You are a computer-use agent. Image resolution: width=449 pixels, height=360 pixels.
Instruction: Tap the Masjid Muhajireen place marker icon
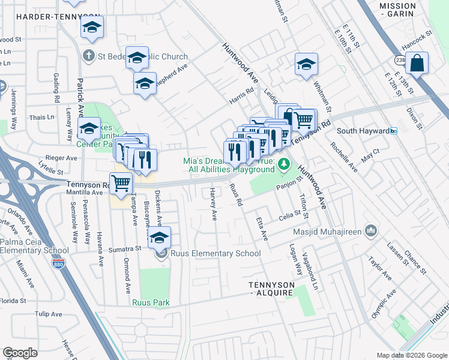372,230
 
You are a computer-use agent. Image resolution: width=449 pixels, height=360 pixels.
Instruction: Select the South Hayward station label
359,131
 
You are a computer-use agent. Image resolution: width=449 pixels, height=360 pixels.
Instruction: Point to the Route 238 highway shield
400,61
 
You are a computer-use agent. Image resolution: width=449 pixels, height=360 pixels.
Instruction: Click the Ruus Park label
152,302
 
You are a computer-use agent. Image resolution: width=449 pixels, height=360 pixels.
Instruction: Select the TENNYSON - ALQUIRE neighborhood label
272,289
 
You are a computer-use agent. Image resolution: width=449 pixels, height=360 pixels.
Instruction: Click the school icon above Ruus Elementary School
159,238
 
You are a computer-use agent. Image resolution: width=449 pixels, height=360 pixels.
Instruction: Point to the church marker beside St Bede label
89,56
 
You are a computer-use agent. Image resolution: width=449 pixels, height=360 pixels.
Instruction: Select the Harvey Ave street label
212,203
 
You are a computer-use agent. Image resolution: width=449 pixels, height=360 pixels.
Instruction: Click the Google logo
20,353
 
